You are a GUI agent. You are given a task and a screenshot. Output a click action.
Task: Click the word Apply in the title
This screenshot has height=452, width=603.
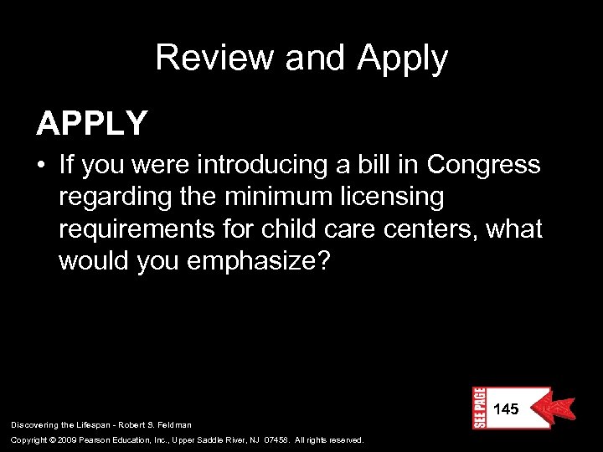tap(402, 59)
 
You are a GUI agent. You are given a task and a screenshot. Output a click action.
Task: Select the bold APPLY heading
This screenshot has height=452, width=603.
tap(92, 123)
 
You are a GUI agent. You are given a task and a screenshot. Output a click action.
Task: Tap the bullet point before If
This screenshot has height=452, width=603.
tap(41, 166)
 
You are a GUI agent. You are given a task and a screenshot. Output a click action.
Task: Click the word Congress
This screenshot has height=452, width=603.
tap(483, 165)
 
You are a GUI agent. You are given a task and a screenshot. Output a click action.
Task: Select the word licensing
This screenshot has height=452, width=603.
tap(395, 197)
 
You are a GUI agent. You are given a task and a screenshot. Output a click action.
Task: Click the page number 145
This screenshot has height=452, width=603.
tap(506, 409)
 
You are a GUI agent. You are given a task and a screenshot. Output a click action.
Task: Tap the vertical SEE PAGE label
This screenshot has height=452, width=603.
tap(480, 408)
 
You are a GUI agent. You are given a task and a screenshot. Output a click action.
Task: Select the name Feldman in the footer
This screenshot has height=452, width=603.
tap(172, 425)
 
